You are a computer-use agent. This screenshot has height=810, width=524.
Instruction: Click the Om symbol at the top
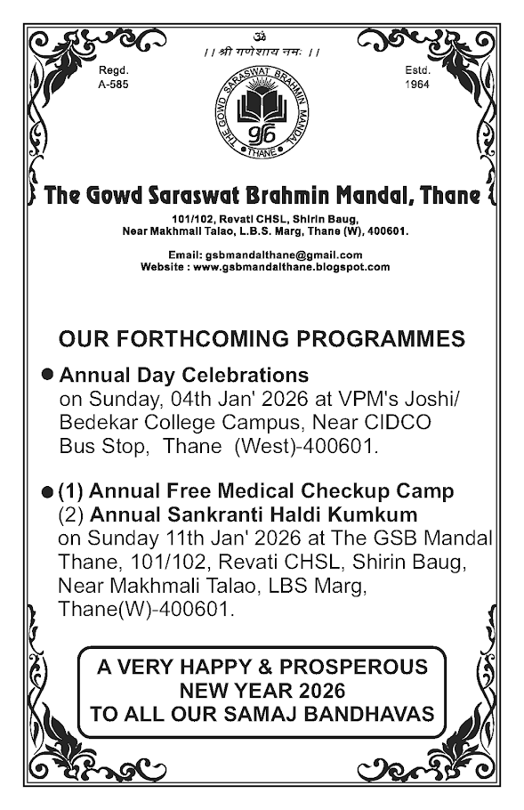coord(261,39)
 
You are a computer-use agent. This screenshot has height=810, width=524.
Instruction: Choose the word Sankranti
coord(210,514)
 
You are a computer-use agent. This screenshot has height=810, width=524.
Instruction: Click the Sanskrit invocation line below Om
coord(261,53)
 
